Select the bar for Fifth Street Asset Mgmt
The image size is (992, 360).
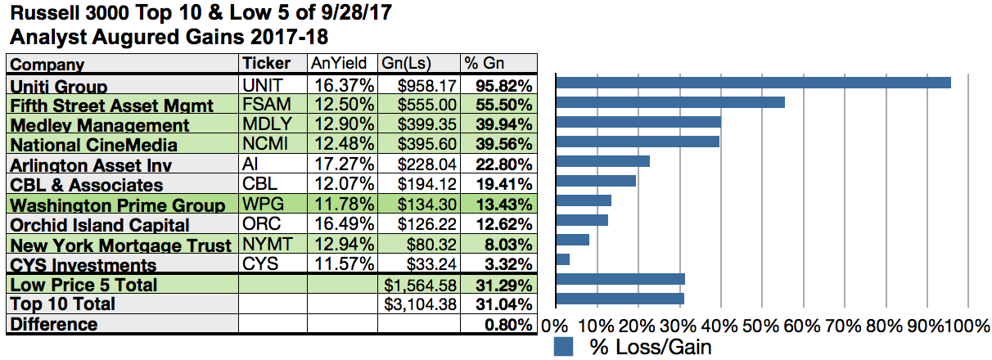click(x=670, y=102)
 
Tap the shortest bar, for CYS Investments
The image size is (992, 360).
click(x=562, y=259)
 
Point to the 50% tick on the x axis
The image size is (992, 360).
click(x=760, y=326)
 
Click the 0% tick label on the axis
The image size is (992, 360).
click(x=554, y=326)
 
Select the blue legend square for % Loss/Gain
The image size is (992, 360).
click(x=563, y=346)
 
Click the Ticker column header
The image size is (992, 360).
click(x=266, y=64)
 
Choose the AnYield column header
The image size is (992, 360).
click(x=341, y=64)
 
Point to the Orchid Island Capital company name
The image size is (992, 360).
click(x=100, y=225)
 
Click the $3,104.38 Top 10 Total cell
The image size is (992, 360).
click(x=419, y=304)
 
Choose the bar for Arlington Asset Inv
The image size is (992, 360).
click(x=602, y=161)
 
